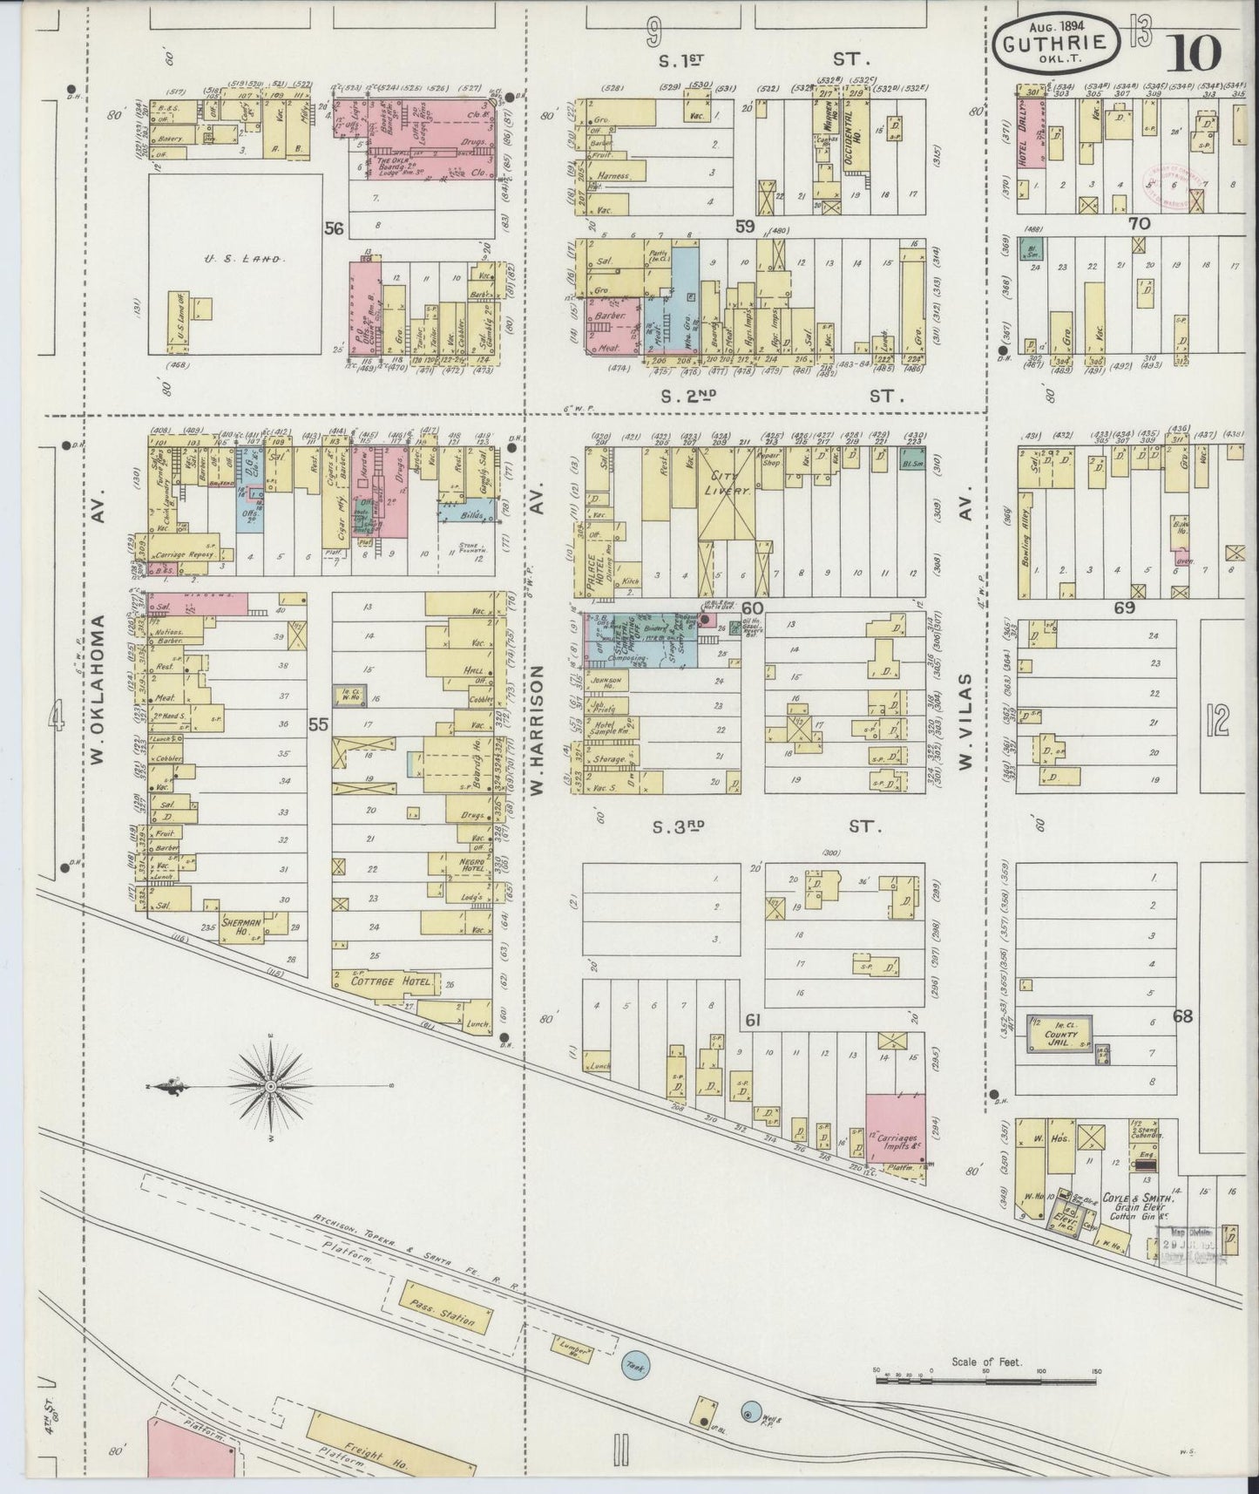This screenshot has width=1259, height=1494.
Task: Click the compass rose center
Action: click(x=271, y=1086)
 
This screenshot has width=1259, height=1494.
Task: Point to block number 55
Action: click(x=318, y=723)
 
